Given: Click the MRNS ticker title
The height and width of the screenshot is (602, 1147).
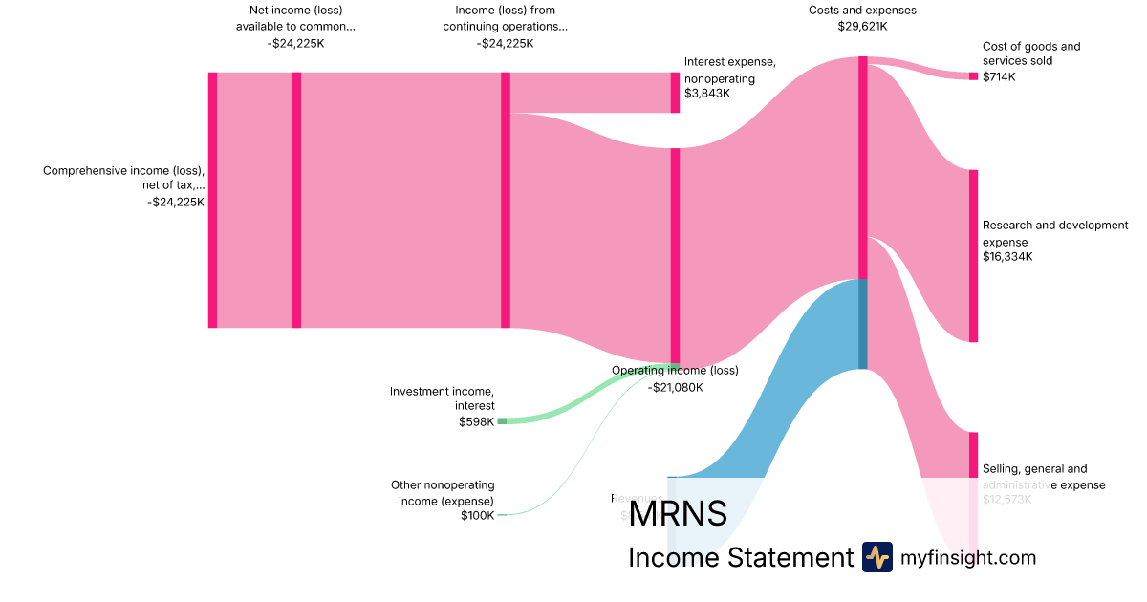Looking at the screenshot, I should [x=678, y=513].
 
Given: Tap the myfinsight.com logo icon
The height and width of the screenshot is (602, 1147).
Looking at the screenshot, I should [x=876, y=557].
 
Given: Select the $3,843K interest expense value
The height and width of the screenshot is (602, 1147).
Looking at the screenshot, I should [x=706, y=94].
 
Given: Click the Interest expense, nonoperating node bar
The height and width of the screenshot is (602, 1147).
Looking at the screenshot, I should [x=675, y=93].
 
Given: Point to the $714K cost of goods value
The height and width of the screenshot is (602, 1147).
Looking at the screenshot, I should [x=999, y=77].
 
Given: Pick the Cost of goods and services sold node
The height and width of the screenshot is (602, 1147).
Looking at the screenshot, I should [x=973, y=76].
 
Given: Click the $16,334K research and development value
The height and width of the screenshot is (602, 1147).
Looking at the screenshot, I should [x=1007, y=257].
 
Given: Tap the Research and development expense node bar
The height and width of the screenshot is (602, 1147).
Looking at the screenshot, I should [x=973, y=256].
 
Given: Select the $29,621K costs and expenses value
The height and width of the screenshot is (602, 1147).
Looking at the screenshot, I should [x=862, y=27].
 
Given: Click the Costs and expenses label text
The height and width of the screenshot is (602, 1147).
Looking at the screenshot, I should [x=862, y=11].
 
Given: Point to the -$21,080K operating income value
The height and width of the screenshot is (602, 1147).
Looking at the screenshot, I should [x=675, y=387].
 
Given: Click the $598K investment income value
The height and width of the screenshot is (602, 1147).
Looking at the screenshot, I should [x=476, y=421].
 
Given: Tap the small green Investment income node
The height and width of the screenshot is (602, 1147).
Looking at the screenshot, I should [x=502, y=420].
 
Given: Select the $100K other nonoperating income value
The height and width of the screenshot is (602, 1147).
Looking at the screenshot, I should [x=476, y=516].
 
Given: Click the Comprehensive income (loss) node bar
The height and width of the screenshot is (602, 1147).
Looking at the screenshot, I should [x=212, y=200].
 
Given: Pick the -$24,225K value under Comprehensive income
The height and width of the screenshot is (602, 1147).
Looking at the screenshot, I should [x=176, y=202].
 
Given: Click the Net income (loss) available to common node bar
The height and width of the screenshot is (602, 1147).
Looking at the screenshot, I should [x=296, y=200].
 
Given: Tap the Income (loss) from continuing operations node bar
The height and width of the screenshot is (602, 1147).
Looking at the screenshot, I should [x=506, y=200].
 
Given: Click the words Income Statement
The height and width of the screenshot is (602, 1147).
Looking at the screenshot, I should [x=740, y=558].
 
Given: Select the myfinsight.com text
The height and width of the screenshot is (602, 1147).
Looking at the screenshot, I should [x=968, y=558].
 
